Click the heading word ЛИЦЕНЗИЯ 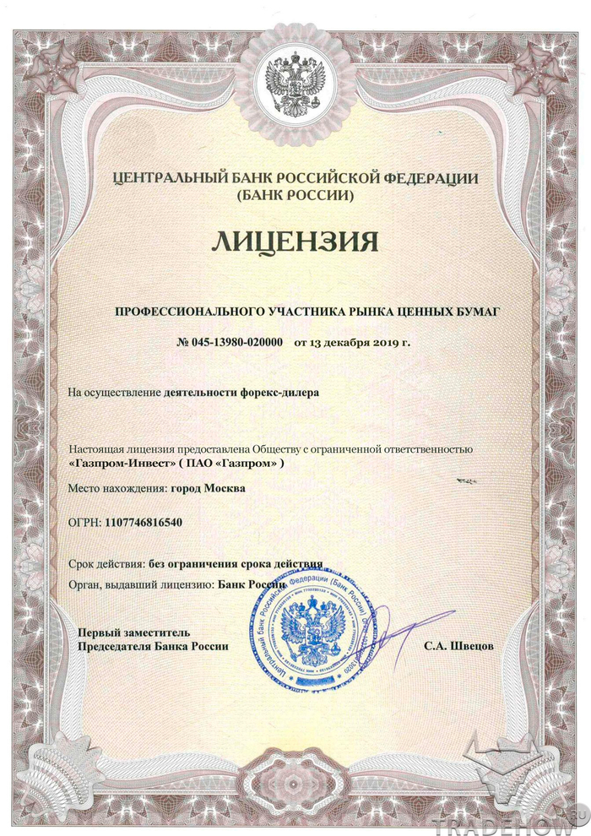click(295, 241)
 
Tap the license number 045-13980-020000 click(238, 343)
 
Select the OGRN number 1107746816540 click(144, 522)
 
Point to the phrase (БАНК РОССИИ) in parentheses click(295, 195)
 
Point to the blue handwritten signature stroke click(397, 629)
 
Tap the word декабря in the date click(341, 343)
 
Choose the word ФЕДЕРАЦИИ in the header click(431, 177)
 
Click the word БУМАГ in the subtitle click(480, 312)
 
